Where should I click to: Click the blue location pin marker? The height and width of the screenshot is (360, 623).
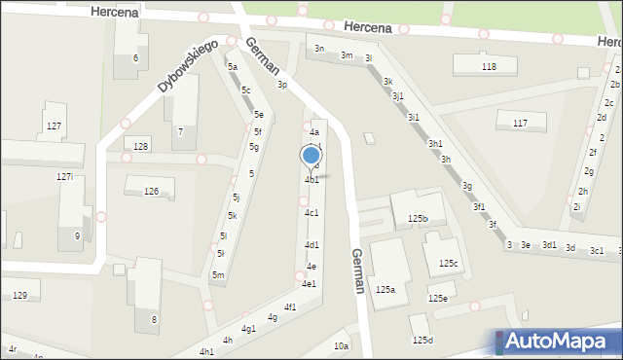point(311,157)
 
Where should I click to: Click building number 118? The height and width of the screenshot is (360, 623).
point(489,66)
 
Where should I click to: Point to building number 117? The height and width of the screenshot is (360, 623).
point(520,123)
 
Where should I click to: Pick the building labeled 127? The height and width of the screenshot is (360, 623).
point(55,127)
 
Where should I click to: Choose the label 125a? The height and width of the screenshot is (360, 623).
point(385,289)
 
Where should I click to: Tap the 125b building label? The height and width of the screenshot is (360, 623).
point(419,219)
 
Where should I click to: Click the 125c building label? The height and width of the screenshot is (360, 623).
point(448,263)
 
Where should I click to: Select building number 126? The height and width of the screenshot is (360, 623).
point(151,192)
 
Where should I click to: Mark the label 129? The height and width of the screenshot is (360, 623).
point(20,295)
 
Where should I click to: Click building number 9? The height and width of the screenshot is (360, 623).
point(77,235)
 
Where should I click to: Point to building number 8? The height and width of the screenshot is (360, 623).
point(153,319)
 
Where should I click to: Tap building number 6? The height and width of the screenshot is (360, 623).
point(135,58)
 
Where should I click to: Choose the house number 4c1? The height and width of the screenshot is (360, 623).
point(311,212)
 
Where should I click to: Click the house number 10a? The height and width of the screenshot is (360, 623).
point(341,345)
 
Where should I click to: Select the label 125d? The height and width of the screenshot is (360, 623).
point(422,340)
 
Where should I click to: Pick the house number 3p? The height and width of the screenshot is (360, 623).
point(282,86)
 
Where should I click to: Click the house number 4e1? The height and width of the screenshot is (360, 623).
point(309,284)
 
